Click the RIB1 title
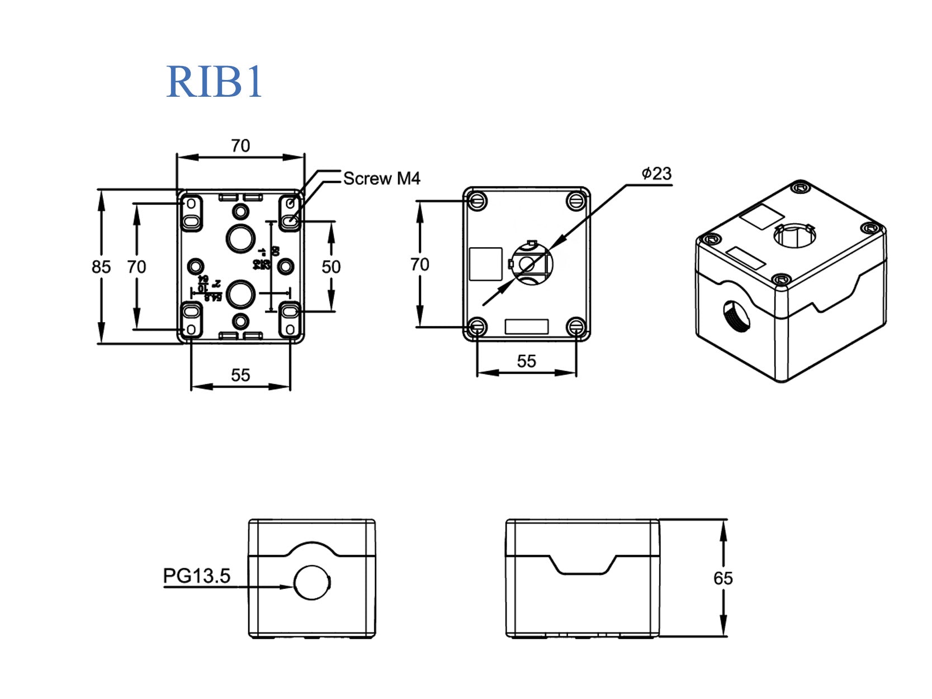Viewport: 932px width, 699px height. pyautogui.click(x=214, y=82)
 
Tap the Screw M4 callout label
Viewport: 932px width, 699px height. pyautogui.click(x=381, y=178)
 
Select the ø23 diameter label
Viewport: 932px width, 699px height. pyautogui.click(x=656, y=174)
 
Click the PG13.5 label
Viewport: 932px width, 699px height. pyautogui.click(x=196, y=575)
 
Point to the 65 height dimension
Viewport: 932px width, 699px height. pyautogui.click(x=722, y=578)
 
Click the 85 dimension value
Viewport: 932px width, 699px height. pyautogui.click(x=101, y=267)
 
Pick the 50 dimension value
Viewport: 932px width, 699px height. pyautogui.click(x=331, y=267)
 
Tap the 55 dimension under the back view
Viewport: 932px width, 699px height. pyautogui.click(x=240, y=375)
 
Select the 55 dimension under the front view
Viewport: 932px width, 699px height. pyautogui.click(x=526, y=361)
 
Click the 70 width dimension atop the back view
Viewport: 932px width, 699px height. pyautogui.click(x=240, y=146)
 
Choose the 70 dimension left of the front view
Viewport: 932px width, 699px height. pyautogui.click(x=420, y=264)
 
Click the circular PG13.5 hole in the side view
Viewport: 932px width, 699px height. pyautogui.click(x=311, y=583)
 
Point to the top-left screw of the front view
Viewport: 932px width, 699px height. pyautogui.click(x=477, y=200)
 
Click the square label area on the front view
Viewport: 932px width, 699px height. pyautogui.click(x=485, y=264)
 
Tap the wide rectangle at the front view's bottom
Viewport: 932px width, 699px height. pyautogui.click(x=526, y=327)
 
